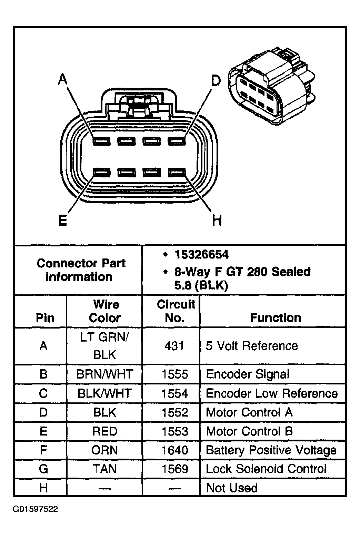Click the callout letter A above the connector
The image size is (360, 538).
point(62,80)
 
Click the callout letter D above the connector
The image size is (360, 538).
point(216,81)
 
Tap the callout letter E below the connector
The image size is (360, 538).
point(62,220)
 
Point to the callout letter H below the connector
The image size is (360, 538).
point(217,220)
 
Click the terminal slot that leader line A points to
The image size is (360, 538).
point(101,141)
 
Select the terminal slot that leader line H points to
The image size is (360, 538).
point(177,172)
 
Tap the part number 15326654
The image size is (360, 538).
point(201,255)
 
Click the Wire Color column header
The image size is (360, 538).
point(105,311)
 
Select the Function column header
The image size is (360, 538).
point(275,317)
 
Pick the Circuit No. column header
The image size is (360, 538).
point(175,311)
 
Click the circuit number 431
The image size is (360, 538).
point(174,346)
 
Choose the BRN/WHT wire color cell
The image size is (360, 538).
point(104,374)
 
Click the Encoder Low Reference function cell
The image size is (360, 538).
point(272,393)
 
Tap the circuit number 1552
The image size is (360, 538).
point(175,412)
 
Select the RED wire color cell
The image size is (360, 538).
point(104,431)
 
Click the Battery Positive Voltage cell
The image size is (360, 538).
point(271,450)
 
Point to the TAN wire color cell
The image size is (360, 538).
point(104,469)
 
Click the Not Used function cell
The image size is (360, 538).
point(232,488)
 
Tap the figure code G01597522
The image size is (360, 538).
point(35,509)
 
